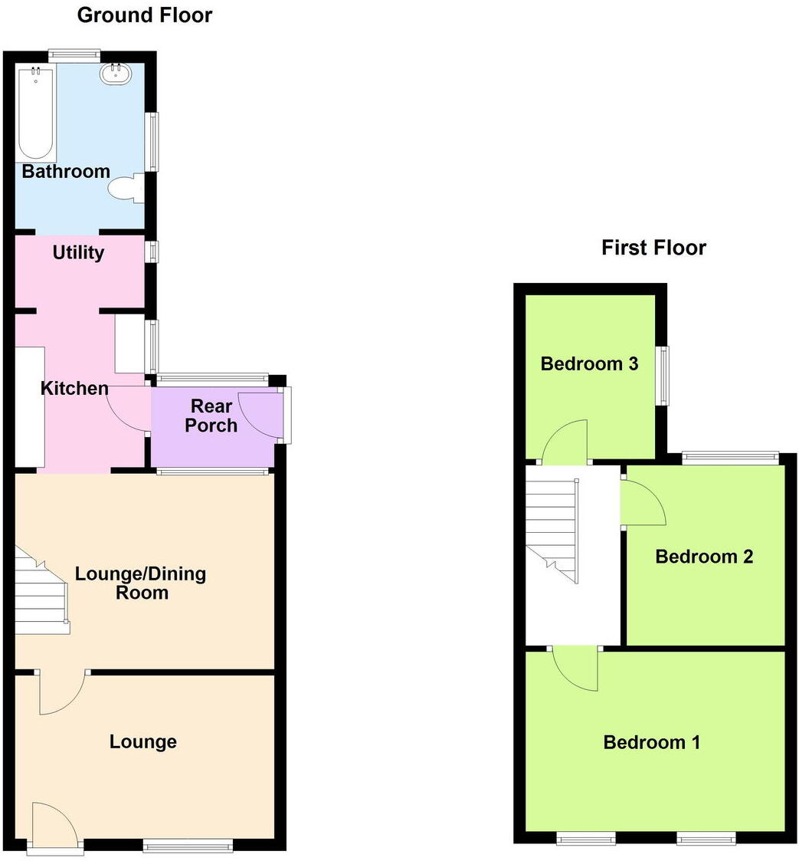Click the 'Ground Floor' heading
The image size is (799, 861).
click(145, 15)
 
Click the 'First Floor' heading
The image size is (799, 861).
click(653, 248)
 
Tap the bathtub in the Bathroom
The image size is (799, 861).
click(36, 113)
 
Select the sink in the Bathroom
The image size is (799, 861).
click(116, 74)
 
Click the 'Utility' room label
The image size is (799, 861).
click(78, 253)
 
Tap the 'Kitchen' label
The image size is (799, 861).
click(74, 389)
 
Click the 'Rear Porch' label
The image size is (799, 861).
click(211, 416)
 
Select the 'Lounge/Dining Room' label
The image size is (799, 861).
click(140, 583)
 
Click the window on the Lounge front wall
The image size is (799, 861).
click(188, 846)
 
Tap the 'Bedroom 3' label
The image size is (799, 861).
click(589, 363)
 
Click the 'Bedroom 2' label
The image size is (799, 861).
click(704, 557)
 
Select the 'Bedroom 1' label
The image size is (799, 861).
click(652, 742)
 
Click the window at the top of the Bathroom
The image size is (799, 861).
click(74, 54)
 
